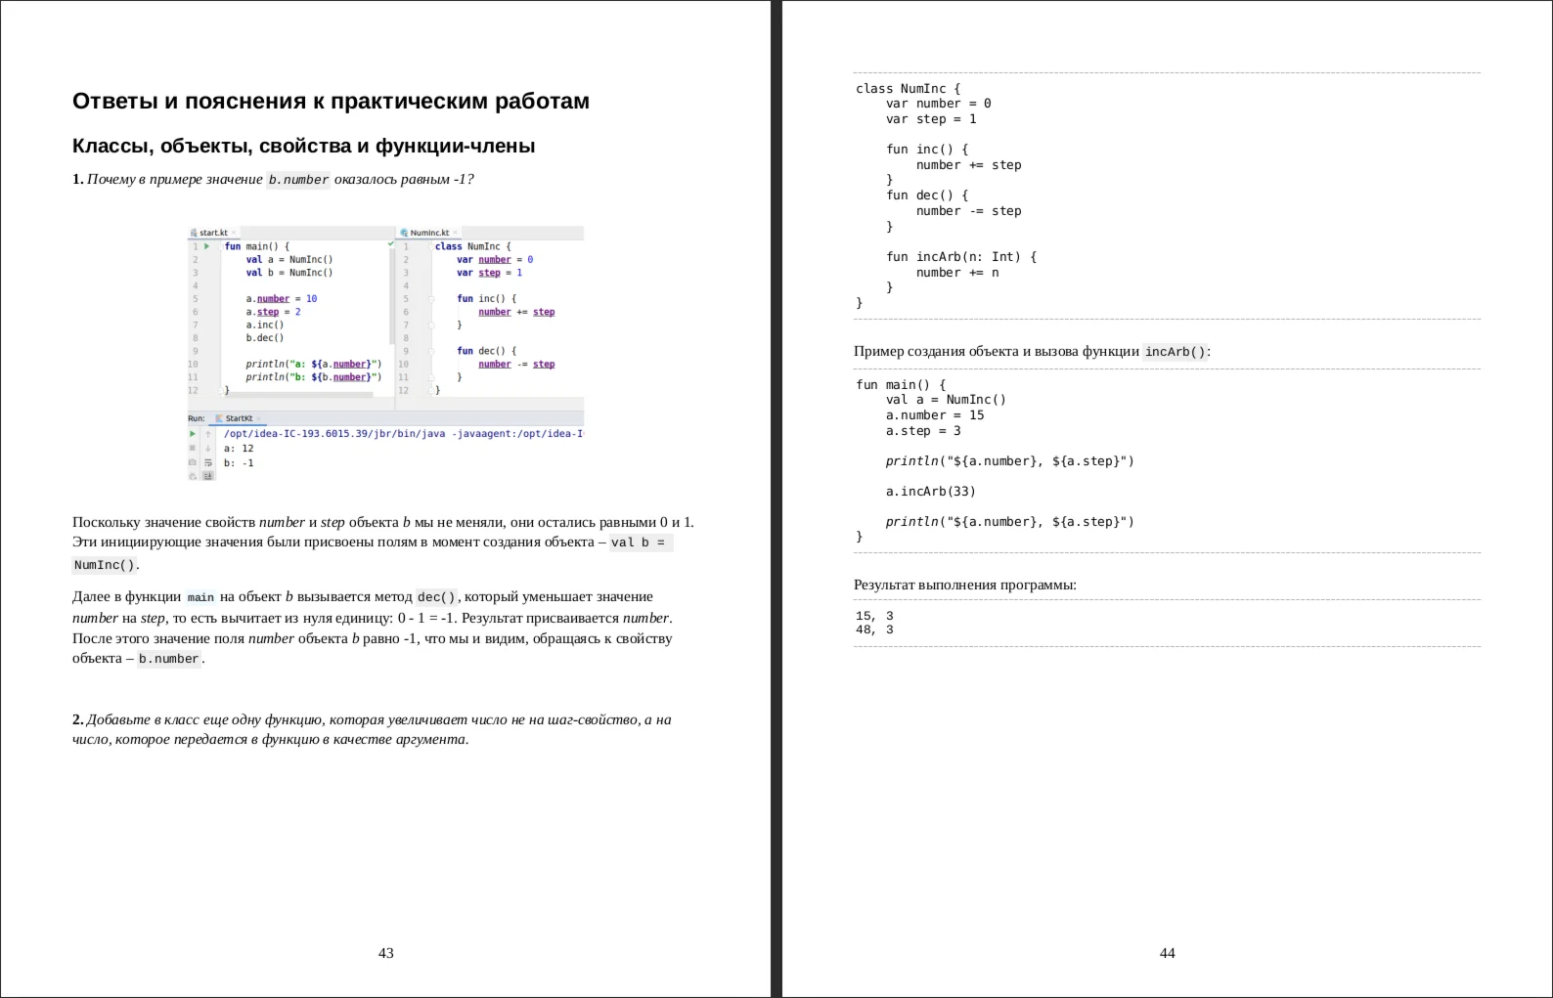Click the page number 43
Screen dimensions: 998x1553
pyautogui.click(x=385, y=953)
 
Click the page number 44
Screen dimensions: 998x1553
pyautogui.click(x=1167, y=953)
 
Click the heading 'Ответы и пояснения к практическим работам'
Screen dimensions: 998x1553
pyautogui.click(x=331, y=102)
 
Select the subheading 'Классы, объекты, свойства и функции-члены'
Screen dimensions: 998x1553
pyautogui.click(x=303, y=147)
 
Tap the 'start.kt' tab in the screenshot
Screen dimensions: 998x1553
pyautogui.click(x=213, y=233)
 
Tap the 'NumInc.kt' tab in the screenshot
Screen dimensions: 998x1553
pyautogui.click(x=429, y=233)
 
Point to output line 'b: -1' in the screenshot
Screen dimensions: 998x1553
pyautogui.click(x=239, y=463)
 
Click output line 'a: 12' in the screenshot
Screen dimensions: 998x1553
pyautogui.click(x=239, y=449)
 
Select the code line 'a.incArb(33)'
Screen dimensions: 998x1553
pyautogui.click(x=930, y=492)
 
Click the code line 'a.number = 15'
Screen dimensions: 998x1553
pyautogui.click(x=935, y=415)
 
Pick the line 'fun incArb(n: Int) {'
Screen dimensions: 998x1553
pyautogui.click(x=961, y=257)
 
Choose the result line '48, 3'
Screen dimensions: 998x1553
pyautogui.click(x=874, y=630)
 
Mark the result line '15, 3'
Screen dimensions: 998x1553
pyautogui.click(x=874, y=616)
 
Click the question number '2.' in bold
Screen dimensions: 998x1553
pyautogui.click(x=78, y=720)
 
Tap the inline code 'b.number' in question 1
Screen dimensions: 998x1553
pyautogui.click(x=298, y=180)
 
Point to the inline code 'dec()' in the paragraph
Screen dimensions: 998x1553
pyautogui.click(x=436, y=597)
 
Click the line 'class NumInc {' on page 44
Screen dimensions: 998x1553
pyautogui.click(x=908, y=89)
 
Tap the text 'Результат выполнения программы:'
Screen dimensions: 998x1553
pyautogui.click(x=964, y=586)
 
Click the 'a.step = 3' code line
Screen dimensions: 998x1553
pyautogui.click(x=923, y=431)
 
